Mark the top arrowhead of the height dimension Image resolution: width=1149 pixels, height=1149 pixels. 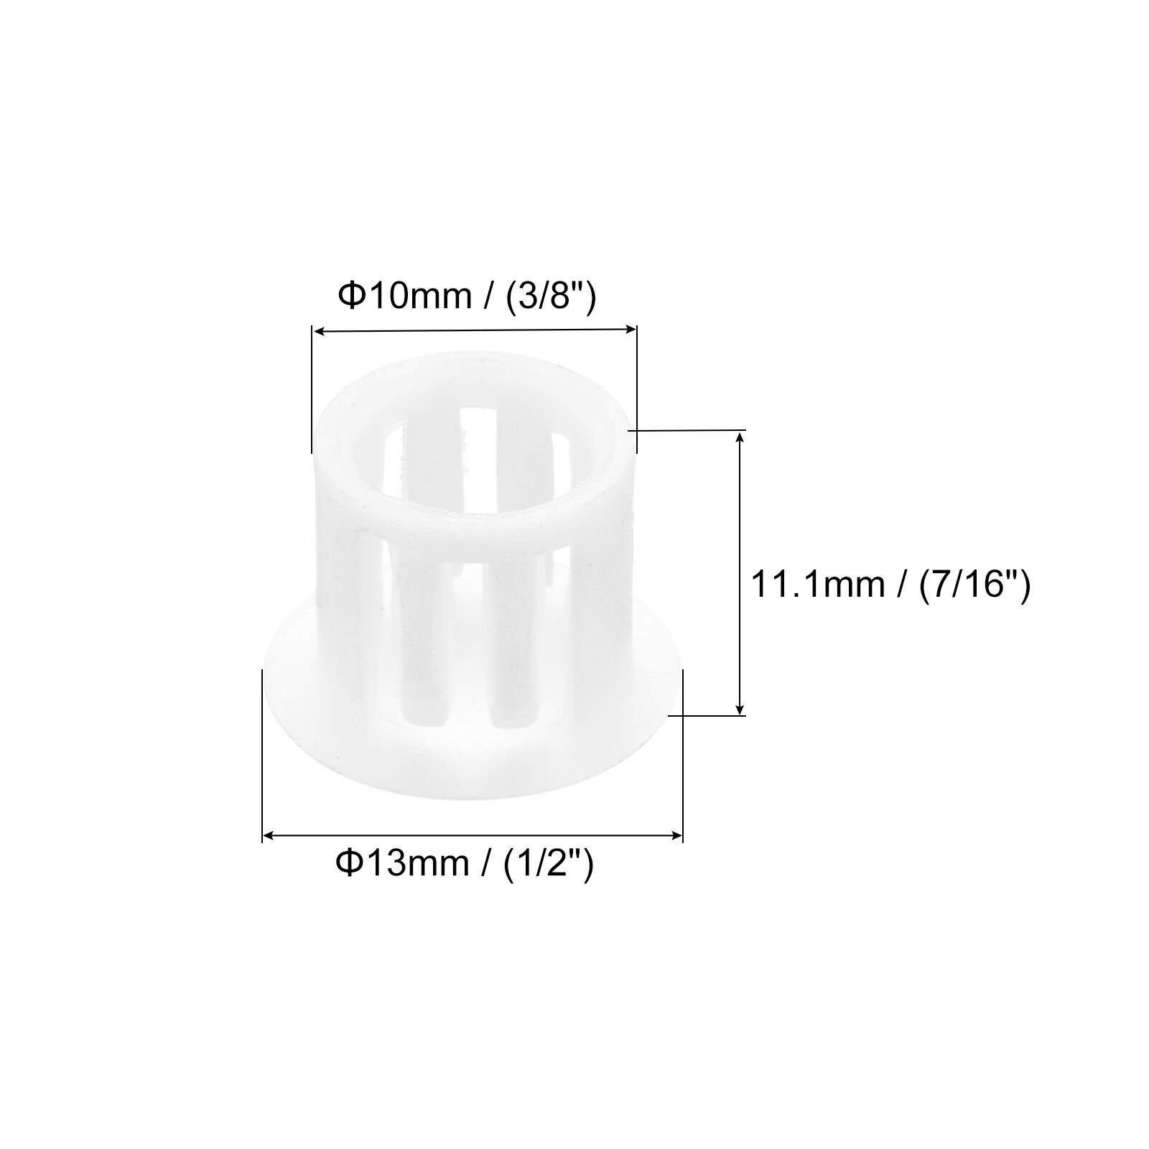point(740,437)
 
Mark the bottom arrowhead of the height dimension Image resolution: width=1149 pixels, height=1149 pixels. point(740,708)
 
